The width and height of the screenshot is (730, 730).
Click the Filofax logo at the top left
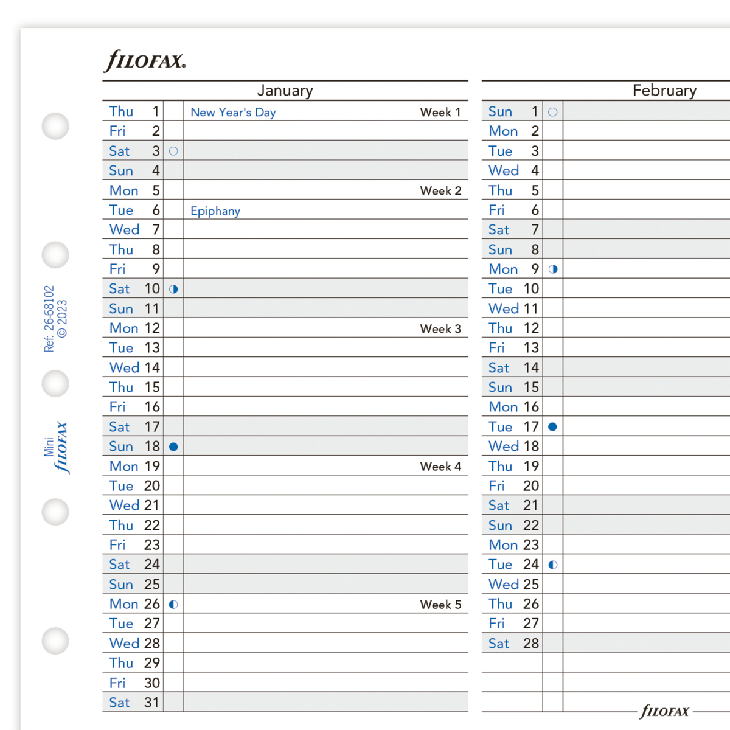click(x=145, y=61)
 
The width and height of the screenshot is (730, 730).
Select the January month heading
click(x=285, y=91)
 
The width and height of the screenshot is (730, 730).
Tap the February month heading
click(x=664, y=91)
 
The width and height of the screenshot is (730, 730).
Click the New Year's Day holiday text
click(x=233, y=113)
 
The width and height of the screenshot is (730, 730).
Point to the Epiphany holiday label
click(x=215, y=211)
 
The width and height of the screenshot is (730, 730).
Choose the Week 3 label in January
click(x=440, y=329)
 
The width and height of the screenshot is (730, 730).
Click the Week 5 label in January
click(x=440, y=605)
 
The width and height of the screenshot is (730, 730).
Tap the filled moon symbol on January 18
click(x=173, y=447)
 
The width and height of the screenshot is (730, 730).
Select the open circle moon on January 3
click(x=173, y=151)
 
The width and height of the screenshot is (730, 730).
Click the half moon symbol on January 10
click(x=173, y=289)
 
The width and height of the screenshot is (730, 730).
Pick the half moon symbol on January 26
click(x=173, y=605)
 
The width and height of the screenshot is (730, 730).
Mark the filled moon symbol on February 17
click(x=552, y=427)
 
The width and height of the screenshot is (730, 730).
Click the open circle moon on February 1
click(x=552, y=112)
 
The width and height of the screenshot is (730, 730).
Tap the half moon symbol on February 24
click(x=552, y=565)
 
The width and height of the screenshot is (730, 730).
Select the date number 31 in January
click(x=152, y=703)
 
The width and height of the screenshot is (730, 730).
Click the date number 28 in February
click(x=531, y=644)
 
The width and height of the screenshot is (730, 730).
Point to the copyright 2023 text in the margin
click(x=63, y=318)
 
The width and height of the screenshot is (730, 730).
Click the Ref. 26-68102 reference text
click(x=49, y=319)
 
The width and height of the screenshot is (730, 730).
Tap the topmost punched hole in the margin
click(x=55, y=126)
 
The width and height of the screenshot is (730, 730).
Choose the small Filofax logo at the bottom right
click(x=664, y=711)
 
